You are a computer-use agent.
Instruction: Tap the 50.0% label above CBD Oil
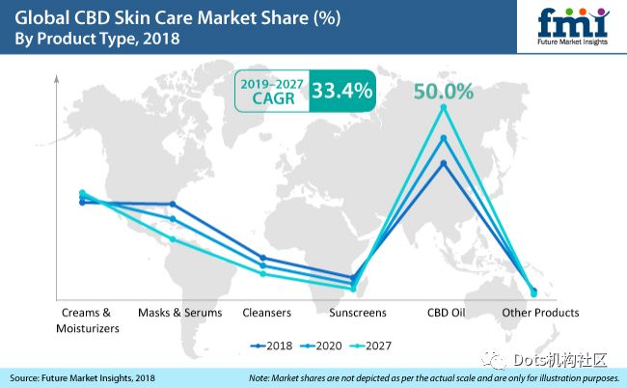[x=444, y=92]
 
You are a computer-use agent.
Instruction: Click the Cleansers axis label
[x=266, y=313]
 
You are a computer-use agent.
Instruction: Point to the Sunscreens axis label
[x=357, y=313]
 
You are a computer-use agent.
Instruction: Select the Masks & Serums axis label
[x=179, y=313]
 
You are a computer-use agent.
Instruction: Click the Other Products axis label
[x=540, y=313]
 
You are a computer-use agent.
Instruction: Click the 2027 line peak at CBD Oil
[x=444, y=108]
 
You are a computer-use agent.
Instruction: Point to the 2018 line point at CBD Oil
[x=444, y=163]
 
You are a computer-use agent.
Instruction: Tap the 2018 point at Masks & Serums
[x=173, y=204]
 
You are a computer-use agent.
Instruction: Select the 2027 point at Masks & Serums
[x=173, y=238]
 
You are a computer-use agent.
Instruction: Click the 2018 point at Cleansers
[x=263, y=258]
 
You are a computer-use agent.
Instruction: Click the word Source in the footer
[x=27, y=377]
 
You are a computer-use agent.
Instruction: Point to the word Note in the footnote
[x=260, y=377]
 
